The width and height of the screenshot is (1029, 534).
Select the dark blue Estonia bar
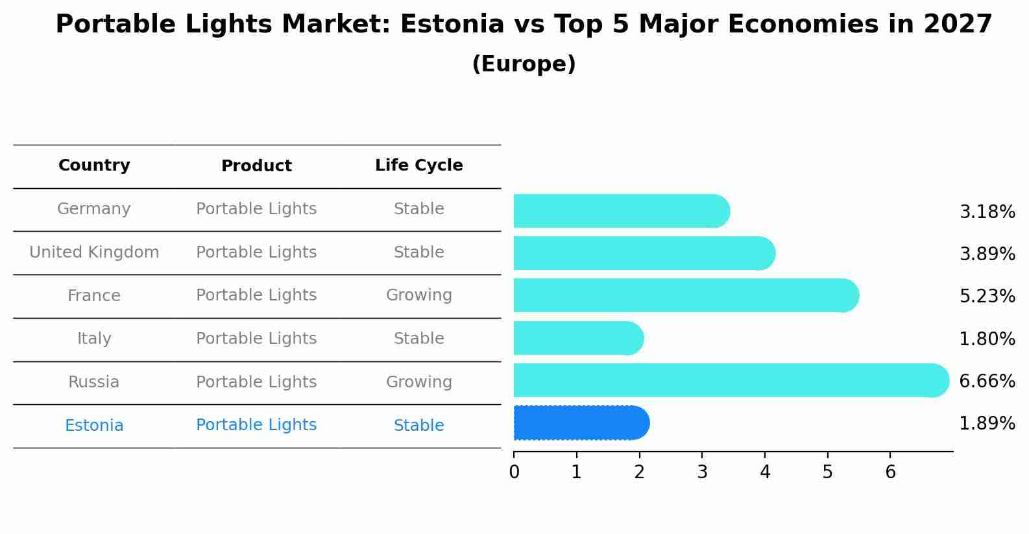click(x=581, y=423)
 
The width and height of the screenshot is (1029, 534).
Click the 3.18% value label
click(x=987, y=212)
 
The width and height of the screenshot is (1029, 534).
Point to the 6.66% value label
click(x=987, y=381)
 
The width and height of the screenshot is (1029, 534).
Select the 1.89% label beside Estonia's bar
click(x=987, y=424)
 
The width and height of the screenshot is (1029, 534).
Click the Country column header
click(x=94, y=165)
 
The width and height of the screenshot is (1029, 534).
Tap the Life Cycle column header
click(x=418, y=165)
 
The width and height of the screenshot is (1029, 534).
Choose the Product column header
click(x=256, y=166)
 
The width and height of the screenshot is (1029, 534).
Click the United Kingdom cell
click(x=94, y=252)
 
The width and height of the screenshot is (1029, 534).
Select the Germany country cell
click(x=94, y=209)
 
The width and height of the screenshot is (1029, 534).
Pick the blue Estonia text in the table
click(x=94, y=426)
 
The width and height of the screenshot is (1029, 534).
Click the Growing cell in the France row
click(x=418, y=295)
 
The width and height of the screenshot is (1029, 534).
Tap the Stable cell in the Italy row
click(x=418, y=339)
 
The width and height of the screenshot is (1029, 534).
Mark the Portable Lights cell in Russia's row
click(x=256, y=382)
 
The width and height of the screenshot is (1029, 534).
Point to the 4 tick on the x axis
click(x=765, y=472)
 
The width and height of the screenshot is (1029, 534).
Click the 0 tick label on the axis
click(x=514, y=472)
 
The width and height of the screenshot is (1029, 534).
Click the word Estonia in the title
click(x=452, y=25)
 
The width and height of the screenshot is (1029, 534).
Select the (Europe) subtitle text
click(x=524, y=64)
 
